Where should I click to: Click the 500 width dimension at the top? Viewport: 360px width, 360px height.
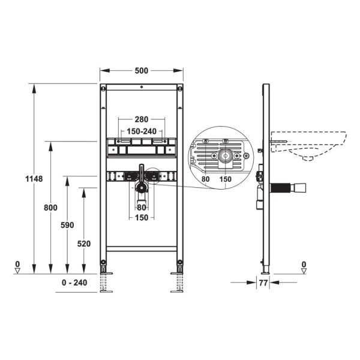point(142,70)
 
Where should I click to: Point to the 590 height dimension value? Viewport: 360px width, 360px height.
point(67,225)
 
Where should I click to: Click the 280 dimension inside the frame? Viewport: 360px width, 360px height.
point(141,119)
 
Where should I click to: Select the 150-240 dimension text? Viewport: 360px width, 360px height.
point(141,131)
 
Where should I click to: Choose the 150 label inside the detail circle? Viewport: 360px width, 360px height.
point(225,179)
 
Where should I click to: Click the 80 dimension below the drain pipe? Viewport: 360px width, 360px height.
point(141,208)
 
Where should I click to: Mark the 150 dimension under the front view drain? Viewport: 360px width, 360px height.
point(141,217)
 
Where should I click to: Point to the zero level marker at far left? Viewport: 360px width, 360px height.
point(18,267)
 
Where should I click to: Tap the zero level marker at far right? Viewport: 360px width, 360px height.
point(304,267)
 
